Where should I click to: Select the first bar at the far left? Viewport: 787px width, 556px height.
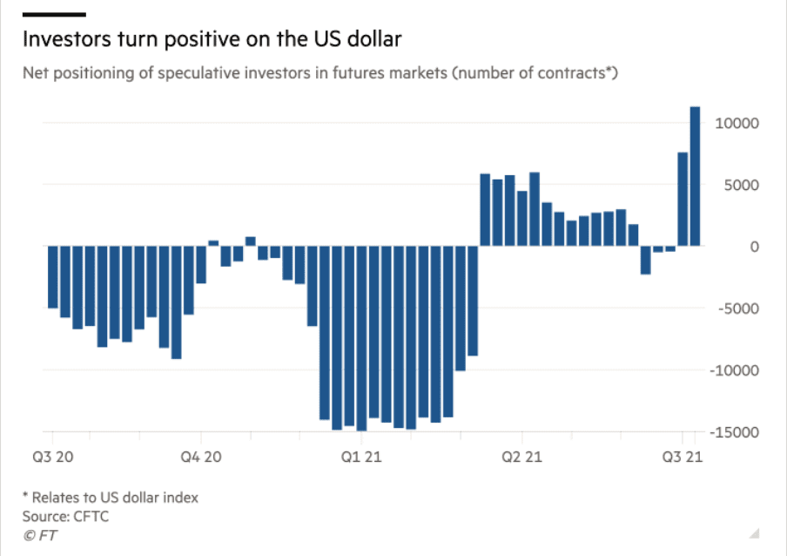click(52, 277)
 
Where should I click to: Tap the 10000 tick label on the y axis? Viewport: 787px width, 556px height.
click(737, 123)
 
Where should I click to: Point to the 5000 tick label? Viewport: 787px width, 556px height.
click(742, 185)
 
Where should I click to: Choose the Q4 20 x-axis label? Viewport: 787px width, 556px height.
click(201, 456)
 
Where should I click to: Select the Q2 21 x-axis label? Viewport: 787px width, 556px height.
click(521, 456)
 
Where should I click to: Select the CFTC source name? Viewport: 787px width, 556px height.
click(91, 516)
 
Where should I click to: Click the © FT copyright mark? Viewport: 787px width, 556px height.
click(39, 535)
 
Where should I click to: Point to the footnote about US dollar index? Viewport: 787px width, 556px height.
click(111, 497)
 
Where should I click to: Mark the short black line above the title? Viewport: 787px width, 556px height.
click(54, 15)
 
